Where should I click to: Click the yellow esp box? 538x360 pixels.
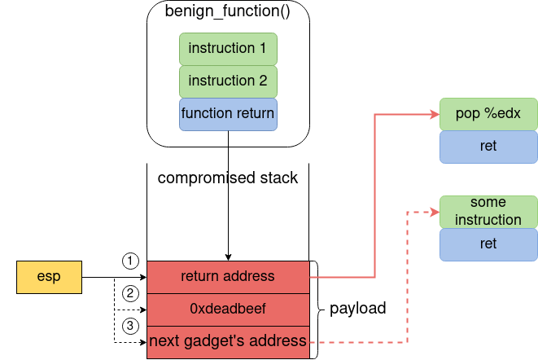tap(50, 277)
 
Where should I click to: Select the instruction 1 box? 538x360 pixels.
tap(228, 49)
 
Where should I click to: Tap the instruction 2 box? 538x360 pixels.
tap(228, 81)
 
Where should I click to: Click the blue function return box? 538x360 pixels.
tap(228, 114)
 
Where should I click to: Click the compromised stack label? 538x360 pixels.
tap(228, 178)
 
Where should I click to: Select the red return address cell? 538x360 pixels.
tap(228, 277)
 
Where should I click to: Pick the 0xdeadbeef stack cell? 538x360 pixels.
tap(228, 310)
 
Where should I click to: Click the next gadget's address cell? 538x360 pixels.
tap(228, 341)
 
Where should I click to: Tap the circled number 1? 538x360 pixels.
tap(130, 261)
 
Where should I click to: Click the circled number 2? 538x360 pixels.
tap(130, 293)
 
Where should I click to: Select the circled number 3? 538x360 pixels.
tap(130, 326)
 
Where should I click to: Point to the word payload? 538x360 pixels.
tap(357, 310)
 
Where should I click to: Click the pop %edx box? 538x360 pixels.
tap(488, 114)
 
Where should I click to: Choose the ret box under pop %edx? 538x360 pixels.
tap(488, 147)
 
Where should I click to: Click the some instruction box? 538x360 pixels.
tap(488, 211)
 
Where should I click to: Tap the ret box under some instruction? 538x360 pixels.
tap(488, 244)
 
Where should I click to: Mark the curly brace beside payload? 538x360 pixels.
tap(317, 310)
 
